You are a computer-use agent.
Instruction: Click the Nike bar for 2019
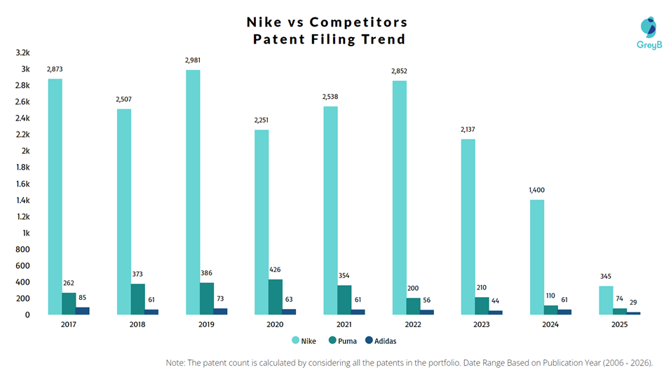click(x=193, y=192)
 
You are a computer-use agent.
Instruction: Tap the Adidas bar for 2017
click(x=82, y=310)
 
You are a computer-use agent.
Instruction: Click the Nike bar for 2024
click(x=536, y=257)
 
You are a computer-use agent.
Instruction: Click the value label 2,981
click(x=193, y=60)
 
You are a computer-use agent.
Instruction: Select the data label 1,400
click(x=536, y=190)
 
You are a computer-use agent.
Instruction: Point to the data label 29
click(x=633, y=301)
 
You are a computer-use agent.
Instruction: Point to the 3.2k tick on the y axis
click(x=22, y=53)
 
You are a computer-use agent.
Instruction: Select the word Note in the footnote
click(x=176, y=363)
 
